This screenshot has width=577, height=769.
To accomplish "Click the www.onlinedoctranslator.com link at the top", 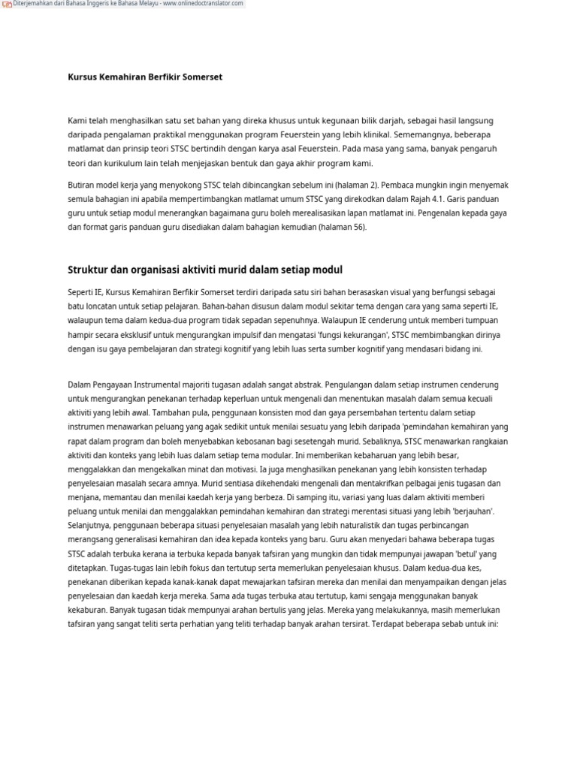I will (x=204, y=4).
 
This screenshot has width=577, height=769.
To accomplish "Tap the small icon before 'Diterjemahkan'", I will (x=7, y=5).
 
